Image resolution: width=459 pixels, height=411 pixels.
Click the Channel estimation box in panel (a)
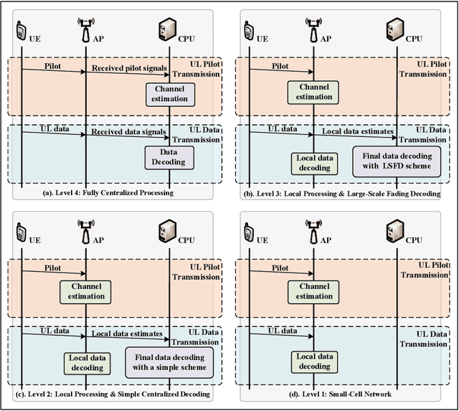169,93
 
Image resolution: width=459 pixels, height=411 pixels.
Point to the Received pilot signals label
128,69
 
